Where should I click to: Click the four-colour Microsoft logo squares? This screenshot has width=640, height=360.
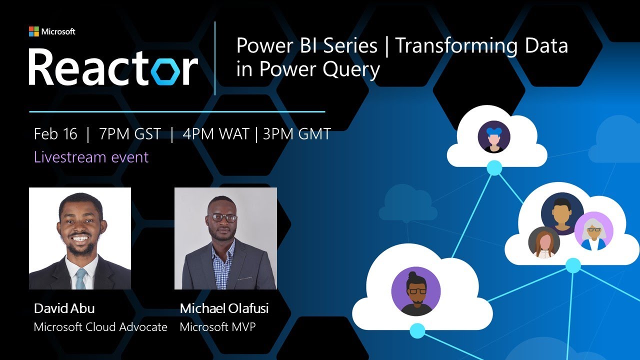point(34,31)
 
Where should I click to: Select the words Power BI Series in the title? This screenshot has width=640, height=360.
point(306,46)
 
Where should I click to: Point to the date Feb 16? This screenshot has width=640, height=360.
point(55,134)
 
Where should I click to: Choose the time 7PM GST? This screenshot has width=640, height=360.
point(130,134)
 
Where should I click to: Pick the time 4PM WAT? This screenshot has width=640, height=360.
point(215,134)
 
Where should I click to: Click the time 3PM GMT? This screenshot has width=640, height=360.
point(296,134)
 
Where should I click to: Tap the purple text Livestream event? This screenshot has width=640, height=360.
point(91,157)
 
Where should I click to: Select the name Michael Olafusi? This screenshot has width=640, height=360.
point(224,308)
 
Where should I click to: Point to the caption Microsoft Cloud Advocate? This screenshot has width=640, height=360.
point(100,327)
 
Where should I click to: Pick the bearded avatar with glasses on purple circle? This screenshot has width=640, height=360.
point(415,291)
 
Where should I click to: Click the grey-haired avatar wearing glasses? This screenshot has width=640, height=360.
point(593,231)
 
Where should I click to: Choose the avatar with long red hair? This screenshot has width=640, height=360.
point(544,242)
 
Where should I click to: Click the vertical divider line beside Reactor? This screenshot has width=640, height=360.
point(215,58)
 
